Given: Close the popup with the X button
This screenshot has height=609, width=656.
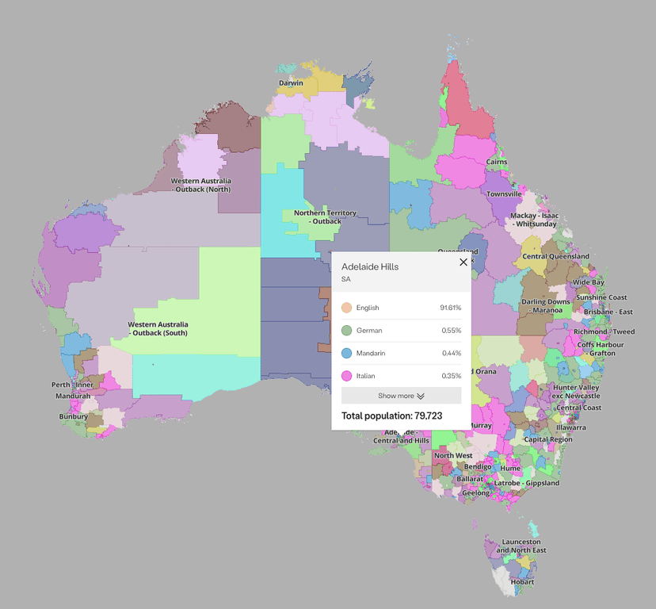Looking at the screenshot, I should pos(463,262).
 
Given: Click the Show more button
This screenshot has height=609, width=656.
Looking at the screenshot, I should pos(401,396).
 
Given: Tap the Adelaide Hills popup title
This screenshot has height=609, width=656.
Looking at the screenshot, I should pos(370,267).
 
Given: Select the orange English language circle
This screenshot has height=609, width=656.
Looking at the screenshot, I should pos(346,308).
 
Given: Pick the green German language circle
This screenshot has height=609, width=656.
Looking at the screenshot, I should pos(346,331).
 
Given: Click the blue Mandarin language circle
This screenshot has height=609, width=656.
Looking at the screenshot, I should pos(346,353).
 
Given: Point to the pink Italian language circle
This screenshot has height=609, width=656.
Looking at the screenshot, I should pos(346,376).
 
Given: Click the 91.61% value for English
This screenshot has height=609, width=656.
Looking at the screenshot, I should pos(450,308).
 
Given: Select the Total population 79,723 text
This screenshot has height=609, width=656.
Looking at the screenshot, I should pos(391,416).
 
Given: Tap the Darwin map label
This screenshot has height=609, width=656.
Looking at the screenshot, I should pos(291,83).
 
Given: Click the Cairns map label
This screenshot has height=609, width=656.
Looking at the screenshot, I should pos(497,162).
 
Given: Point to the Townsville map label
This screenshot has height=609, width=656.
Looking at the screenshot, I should pos(504,193).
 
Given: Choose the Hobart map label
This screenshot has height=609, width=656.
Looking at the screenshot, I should pos(522,582).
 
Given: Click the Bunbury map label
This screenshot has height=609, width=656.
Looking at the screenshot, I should pos(74,416).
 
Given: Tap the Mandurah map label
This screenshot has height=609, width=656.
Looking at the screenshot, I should pos(73,396).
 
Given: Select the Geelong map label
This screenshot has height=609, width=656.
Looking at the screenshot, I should pos(476,493).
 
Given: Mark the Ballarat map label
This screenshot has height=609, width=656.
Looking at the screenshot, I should pos(470,479).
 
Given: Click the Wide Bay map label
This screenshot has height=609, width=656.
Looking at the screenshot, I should pos(588,282).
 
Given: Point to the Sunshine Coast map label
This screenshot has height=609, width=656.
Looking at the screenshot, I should pos(601,297).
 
